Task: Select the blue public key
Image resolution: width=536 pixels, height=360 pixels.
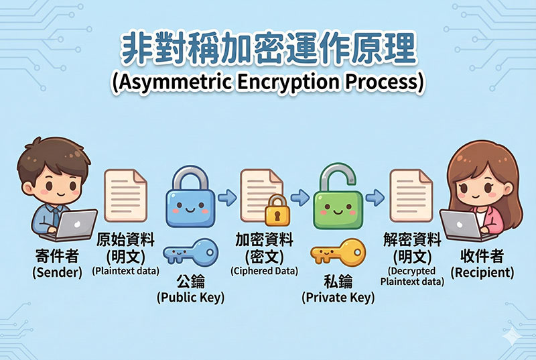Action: [190, 254]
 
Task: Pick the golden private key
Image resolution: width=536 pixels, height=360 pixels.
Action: [338, 253]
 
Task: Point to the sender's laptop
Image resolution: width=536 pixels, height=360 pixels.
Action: [76, 225]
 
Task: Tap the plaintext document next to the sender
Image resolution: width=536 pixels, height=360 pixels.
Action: [125, 196]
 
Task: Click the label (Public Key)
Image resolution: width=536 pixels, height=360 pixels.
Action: [190, 296]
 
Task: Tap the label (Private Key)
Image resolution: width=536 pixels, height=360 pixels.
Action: [338, 297]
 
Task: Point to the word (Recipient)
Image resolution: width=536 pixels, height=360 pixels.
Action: [482, 273]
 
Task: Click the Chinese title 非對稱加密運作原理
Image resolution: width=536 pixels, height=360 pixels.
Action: [268, 49]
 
